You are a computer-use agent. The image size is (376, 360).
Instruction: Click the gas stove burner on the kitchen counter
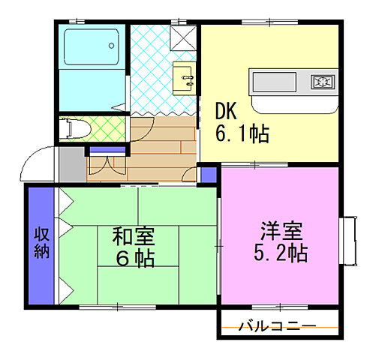(322, 80)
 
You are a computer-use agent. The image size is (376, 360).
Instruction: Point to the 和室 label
(135, 237)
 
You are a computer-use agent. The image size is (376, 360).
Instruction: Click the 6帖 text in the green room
(135, 260)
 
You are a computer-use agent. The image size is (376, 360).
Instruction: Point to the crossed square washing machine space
(182, 36)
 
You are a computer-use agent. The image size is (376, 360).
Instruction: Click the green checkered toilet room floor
(105, 129)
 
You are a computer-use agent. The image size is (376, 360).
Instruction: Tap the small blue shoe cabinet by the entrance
(98, 151)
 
